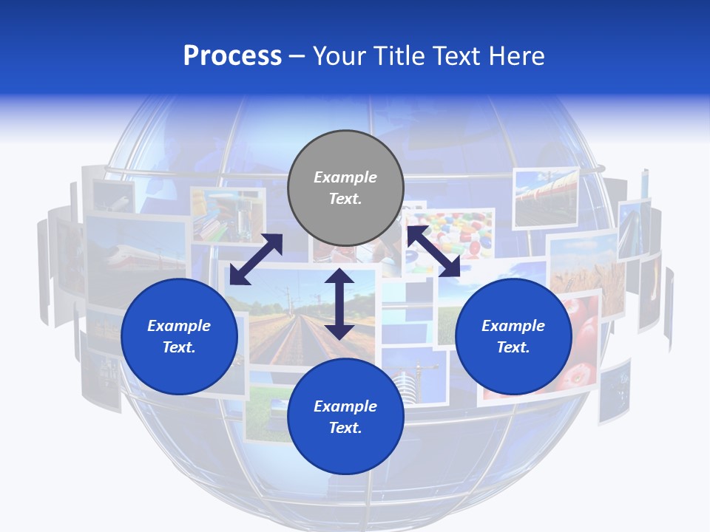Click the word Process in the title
[x=232, y=56]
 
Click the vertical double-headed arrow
[x=339, y=304]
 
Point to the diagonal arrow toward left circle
[x=256, y=259]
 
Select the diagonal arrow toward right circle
[x=433, y=251]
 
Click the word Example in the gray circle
[x=345, y=177]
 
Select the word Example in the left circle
[x=179, y=326]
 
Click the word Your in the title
[x=339, y=56]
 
